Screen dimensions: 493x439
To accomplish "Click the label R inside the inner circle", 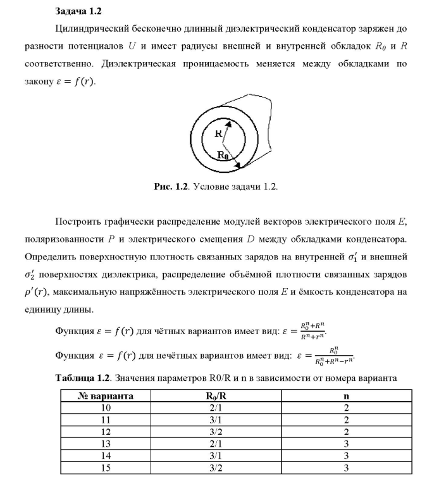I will pyautogui.click(x=218, y=133).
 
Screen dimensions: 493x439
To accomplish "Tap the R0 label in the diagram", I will pyautogui.click(x=223, y=154).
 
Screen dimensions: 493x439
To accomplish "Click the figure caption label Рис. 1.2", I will pyautogui.click(x=171, y=187).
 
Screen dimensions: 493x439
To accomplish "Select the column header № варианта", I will pyautogui.click(x=106, y=396).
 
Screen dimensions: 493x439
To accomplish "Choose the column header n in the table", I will pyautogui.click(x=346, y=396).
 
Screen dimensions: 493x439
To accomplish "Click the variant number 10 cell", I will pyautogui.click(x=106, y=408).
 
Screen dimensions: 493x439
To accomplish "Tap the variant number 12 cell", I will pyautogui.click(x=106, y=432).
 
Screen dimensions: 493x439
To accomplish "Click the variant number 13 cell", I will pyautogui.click(x=106, y=444).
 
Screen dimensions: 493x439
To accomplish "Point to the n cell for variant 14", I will pyautogui.click(x=346, y=456).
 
